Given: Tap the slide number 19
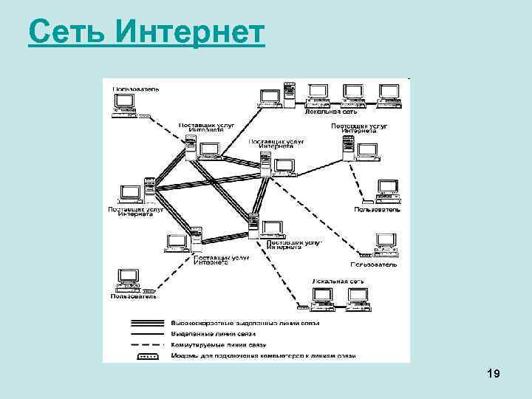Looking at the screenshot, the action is (x=494, y=375).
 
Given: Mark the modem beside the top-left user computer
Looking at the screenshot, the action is (x=143, y=115).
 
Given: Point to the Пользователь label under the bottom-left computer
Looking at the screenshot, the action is (x=133, y=297).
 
